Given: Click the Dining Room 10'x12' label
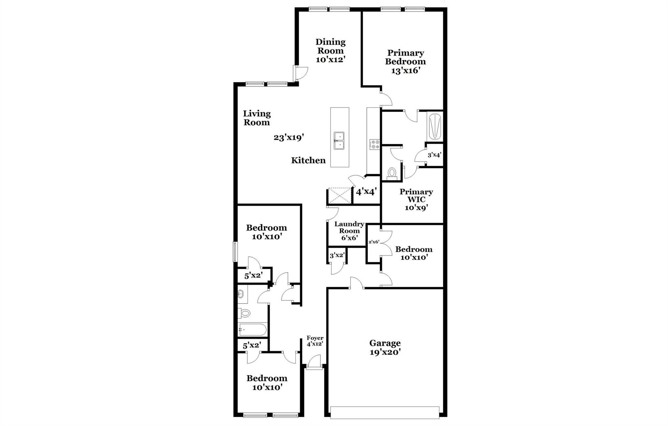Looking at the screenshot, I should (330, 51).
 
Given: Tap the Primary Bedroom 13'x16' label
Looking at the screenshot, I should (405, 62).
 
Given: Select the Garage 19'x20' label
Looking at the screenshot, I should (385, 347).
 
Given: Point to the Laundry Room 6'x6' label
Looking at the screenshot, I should (349, 231).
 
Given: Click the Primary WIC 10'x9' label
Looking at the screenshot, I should (416, 199).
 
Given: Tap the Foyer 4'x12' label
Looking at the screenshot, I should (315, 341).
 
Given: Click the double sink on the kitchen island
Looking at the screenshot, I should (339, 141).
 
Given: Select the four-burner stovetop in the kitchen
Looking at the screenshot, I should (374, 144).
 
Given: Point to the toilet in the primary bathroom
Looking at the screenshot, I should (391, 173).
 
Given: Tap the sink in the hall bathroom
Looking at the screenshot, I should (241, 294).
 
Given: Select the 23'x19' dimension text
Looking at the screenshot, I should (289, 138).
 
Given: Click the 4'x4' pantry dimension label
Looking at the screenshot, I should (366, 191).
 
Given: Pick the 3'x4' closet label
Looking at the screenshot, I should (434, 155).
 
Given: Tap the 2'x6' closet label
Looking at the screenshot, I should (373, 242).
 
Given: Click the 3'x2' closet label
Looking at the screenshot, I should (337, 255).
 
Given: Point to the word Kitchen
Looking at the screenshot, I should (308, 160).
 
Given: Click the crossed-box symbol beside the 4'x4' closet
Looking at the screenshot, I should (340, 196).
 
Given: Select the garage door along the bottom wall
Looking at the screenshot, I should (385, 412).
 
